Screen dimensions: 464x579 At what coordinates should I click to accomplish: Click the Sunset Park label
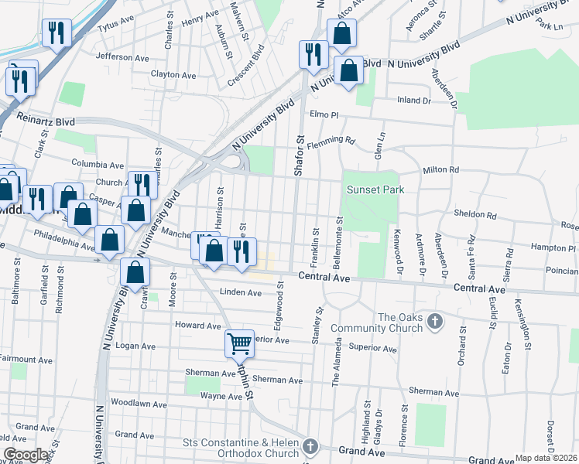[x=375, y=189]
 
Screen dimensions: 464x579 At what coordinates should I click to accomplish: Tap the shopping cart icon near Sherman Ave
[x=240, y=342]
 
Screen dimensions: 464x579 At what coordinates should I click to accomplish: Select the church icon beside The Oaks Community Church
[x=436, y=321]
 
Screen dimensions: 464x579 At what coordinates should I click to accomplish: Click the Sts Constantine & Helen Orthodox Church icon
[x=310, y=446]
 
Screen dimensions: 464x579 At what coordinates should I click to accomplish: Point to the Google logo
[x=26, y=455]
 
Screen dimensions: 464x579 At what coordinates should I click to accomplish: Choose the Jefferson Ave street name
[x=122, y=57]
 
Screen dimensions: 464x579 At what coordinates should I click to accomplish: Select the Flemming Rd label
[x=331, y=143]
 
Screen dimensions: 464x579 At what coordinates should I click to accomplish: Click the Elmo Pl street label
[x=324, y=114]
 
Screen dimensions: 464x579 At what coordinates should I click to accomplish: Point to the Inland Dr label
[x=413, y=101]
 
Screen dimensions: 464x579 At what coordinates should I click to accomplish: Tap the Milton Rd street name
[x=441, y=170]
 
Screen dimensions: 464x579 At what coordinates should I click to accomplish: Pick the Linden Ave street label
[x=241, y=293]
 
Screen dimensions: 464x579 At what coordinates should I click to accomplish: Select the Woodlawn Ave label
[x=139, y=404]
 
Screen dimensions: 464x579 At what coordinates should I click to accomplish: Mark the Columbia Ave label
[x=98, y=165]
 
